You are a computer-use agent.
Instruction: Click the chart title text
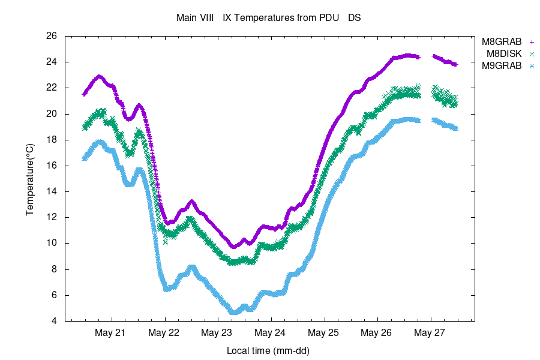pos(268,17)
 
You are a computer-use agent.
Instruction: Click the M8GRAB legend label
pos(502,42)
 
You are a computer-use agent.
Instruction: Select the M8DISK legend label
pos(504,54)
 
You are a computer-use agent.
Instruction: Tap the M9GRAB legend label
pos(502,66)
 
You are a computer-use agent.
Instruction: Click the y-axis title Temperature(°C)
pos(29,179)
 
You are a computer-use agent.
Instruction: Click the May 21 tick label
pos(111,332)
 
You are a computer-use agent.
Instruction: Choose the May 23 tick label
pos(217,332)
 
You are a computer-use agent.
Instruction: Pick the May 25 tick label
pos(324,332)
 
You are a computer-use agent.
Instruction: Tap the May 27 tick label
pos(430,332)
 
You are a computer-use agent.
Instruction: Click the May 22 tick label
pos(164,332)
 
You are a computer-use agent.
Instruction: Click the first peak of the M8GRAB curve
pos(99,76)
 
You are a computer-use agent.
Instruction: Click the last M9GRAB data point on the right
pos(456,128)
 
